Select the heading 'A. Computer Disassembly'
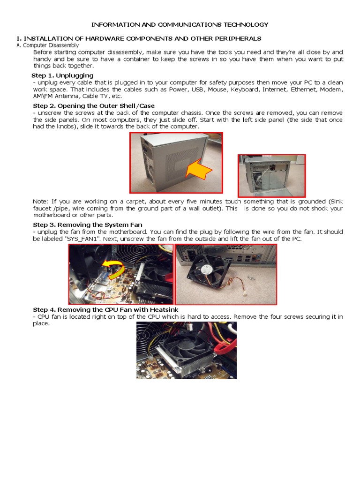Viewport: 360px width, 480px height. (47, 45)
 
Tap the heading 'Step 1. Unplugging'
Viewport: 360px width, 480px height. (62, 75)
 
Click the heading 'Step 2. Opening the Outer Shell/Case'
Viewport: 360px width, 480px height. (94, 106)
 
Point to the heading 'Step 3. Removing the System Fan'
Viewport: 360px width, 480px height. (88, 225)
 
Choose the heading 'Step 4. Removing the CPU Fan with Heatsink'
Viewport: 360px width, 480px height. (105, 310)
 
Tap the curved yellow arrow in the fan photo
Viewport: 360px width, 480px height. (114, 269)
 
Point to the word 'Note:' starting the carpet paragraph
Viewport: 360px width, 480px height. (41, 201)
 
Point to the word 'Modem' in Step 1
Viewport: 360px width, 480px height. (332, 90)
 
